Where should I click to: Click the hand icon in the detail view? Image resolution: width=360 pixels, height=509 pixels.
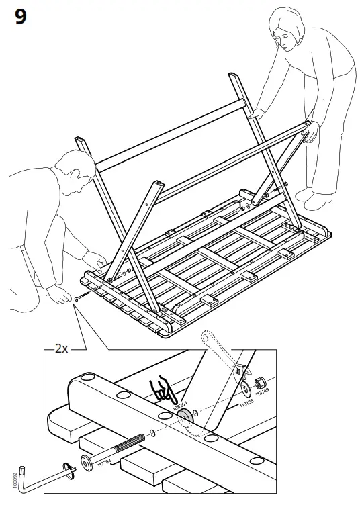tap(161, 389)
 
